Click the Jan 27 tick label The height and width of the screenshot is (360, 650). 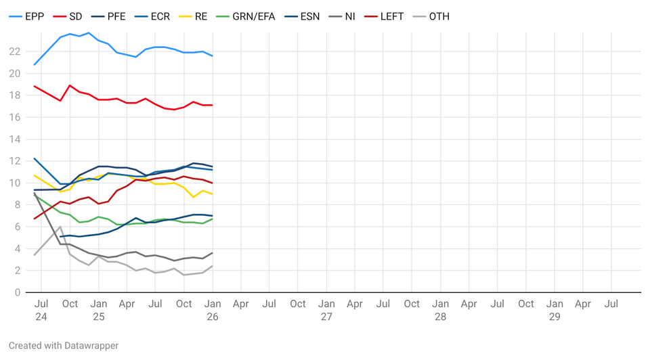pos(326,310)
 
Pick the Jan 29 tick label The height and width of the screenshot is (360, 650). pos(555,310)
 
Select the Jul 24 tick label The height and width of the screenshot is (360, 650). pos(41,310)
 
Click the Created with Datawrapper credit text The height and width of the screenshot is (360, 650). pos(64,346)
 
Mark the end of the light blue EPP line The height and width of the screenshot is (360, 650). pos(213,55)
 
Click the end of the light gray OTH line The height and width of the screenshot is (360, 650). pos(213,266)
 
